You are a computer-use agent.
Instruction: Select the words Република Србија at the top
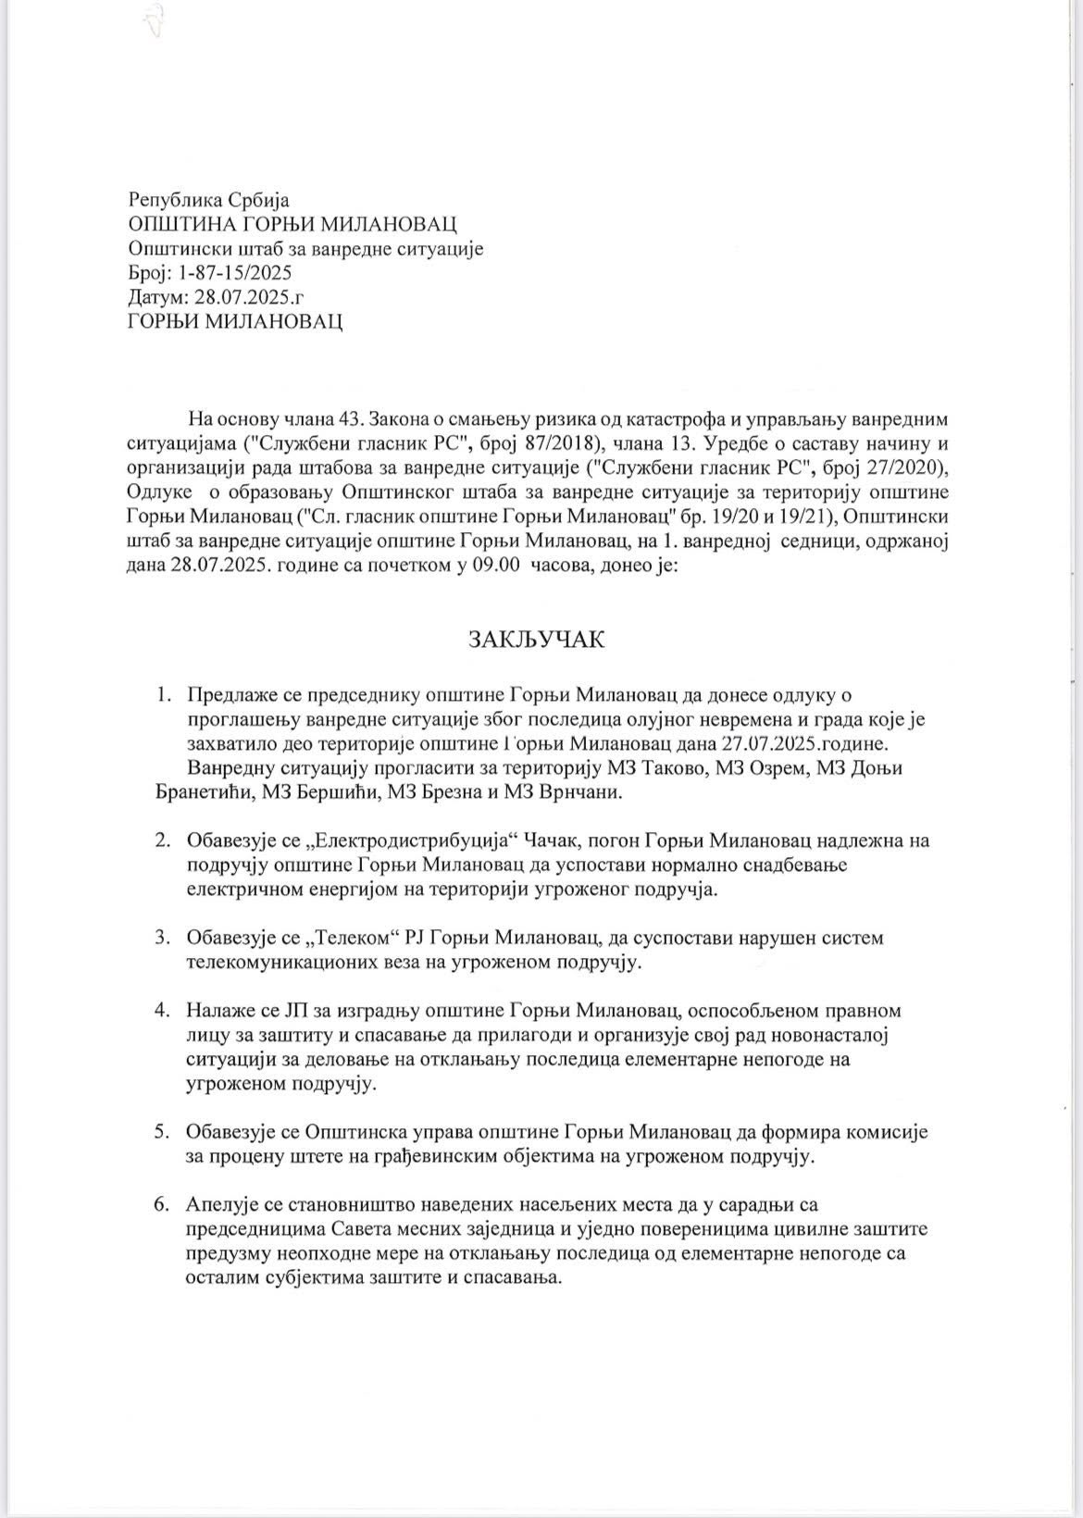click(x=209, y=200)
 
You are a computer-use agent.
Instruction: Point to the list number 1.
click(x=163, y=694)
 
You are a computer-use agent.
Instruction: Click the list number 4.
click(x=163, y=1010)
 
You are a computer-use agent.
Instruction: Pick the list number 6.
click(x=163, y=1204)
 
